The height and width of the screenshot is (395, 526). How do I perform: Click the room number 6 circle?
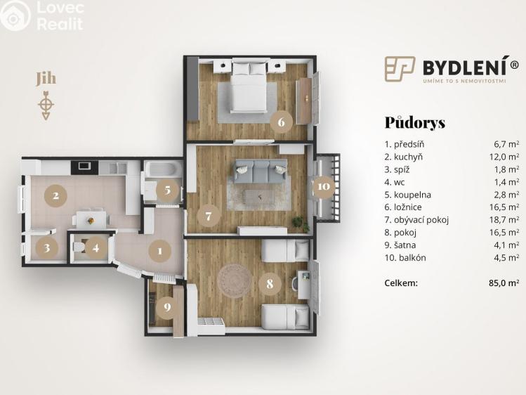pos(281,122)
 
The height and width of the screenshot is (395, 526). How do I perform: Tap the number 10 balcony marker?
pos(323,187)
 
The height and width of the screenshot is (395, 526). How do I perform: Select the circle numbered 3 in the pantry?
pos(47,247)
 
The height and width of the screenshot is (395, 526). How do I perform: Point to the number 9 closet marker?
pos(166,306)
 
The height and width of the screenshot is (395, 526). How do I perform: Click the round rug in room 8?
pos(234,280)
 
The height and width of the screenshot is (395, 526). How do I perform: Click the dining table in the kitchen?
pos(91,219)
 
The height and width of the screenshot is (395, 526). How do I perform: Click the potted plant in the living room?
pos(301,224)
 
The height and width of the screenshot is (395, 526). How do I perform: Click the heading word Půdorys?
pos(414,122)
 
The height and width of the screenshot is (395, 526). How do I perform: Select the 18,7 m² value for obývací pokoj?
pos(506,220)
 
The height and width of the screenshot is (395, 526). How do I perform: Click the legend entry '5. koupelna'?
pos(408,195)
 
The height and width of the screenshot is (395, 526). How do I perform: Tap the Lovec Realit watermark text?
pos(59,16)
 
